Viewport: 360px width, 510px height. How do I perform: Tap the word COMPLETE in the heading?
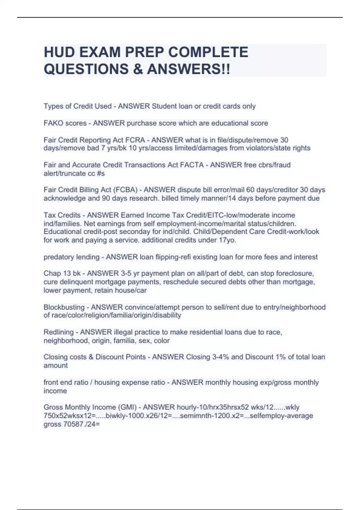(208, 52)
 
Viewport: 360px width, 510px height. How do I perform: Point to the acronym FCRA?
(141, 140)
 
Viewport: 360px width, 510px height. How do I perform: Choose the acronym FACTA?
(192, 165)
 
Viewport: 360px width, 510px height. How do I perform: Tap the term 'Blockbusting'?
(64, 307)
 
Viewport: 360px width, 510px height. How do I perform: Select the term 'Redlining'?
(58, 332)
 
